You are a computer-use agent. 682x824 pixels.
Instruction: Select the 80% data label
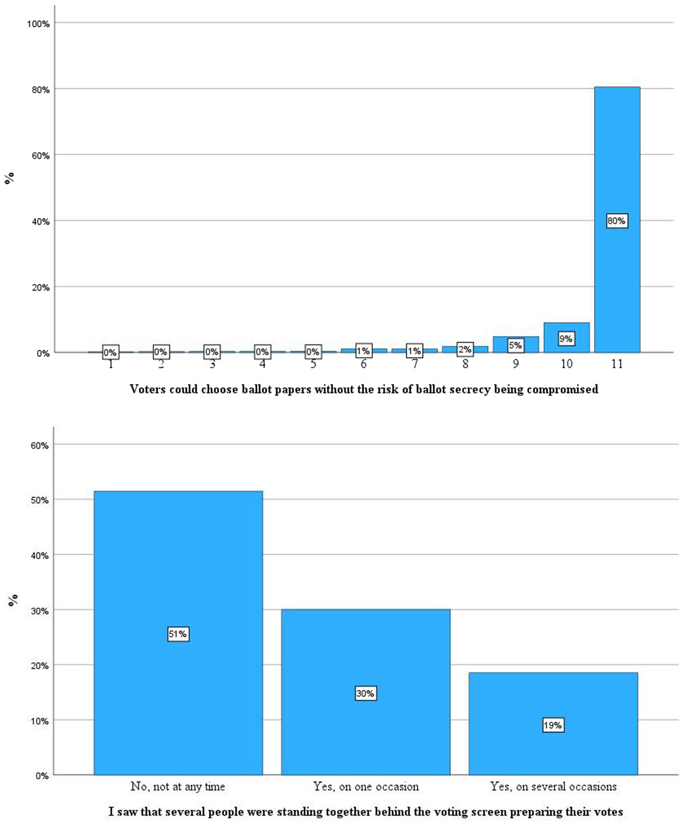pyautogui.click(x=616, y=221)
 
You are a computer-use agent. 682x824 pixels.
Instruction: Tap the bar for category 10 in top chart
pyautogui.click(x=566, y=332)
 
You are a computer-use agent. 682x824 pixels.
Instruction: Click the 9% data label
pyautogui.click(x=566, y=339)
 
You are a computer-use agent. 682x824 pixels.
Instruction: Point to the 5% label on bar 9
pyautogui.click(x=515, y=345)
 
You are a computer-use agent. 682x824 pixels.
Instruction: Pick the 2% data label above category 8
pyautogui.click(x=465, y=349)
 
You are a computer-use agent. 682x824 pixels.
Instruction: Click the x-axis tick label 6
pyautogui.click(x=363, y=364)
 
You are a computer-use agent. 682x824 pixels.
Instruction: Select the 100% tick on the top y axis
pyautogui.click(x=38, y=24)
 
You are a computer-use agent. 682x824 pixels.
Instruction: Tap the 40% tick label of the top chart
pyautogui.click(x=40, y=221)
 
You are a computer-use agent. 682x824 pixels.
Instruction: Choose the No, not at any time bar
pyautogui.click(x=178, y=561)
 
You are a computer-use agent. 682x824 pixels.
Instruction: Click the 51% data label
pyautogui.click(x=178, y=634)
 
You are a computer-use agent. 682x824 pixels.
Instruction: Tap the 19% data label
pyautogui.click(x=553, y=725)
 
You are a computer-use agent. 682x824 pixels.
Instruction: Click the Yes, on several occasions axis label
pyautogui.click(x=553, y=786)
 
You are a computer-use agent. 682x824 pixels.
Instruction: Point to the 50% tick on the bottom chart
pyautogui.click(x=39, y=501)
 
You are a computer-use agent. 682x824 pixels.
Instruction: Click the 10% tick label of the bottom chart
pyautogui.click(x=39, y=721)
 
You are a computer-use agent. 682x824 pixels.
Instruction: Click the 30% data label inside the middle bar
pyautogui.click(x=365, y=693)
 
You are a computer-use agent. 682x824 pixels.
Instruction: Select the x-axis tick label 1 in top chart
pyautogui.click(x=111, y=364)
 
